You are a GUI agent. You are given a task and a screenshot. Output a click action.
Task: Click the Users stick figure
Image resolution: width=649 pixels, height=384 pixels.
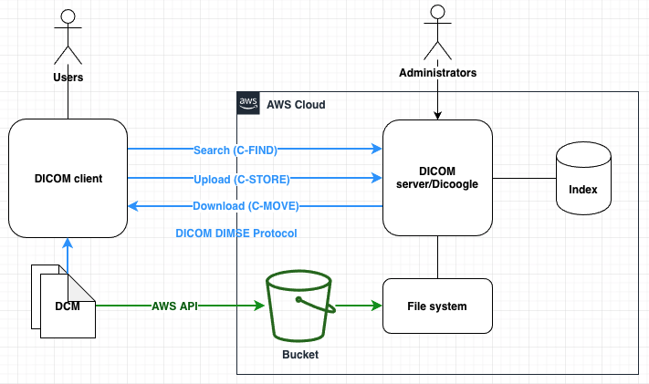click(x=68, y=35)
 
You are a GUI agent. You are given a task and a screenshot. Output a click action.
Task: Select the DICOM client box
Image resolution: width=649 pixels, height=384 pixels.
click(x=68, y=178)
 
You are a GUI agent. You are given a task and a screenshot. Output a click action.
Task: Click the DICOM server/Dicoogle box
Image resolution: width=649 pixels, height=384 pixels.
click(x=437, y=178)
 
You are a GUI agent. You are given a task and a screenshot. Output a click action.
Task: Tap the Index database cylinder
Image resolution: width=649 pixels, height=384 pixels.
click(x=582, y=179)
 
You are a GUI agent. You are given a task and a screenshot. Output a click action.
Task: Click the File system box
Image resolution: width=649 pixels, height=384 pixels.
click(x=437, y=306)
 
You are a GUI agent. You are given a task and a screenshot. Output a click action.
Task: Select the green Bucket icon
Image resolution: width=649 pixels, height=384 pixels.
click(x=299, y=306)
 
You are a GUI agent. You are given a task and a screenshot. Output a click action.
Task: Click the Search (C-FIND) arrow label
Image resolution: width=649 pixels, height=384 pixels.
click(x=235, y=150)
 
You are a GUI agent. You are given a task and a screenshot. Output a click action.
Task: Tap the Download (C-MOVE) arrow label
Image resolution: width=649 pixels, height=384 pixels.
click(x=246, y=205)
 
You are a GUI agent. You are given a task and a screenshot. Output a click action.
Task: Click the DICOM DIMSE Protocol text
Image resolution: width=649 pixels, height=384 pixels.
click(x=236, y=234)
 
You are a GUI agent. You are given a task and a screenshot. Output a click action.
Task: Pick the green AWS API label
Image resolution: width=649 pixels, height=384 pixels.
click(x=177, y=306)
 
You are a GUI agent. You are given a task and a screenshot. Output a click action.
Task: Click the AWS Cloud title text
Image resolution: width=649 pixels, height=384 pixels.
click(x=296, y=104)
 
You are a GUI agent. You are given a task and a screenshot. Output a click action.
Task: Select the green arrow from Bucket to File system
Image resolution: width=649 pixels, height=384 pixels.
click(x=358, y=306)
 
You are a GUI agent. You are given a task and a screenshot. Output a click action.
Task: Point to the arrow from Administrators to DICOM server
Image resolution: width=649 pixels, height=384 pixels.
click(x=437, y=100)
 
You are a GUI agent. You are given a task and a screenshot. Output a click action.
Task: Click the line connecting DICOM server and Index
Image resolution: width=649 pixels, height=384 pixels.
click(x=524, y=178)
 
